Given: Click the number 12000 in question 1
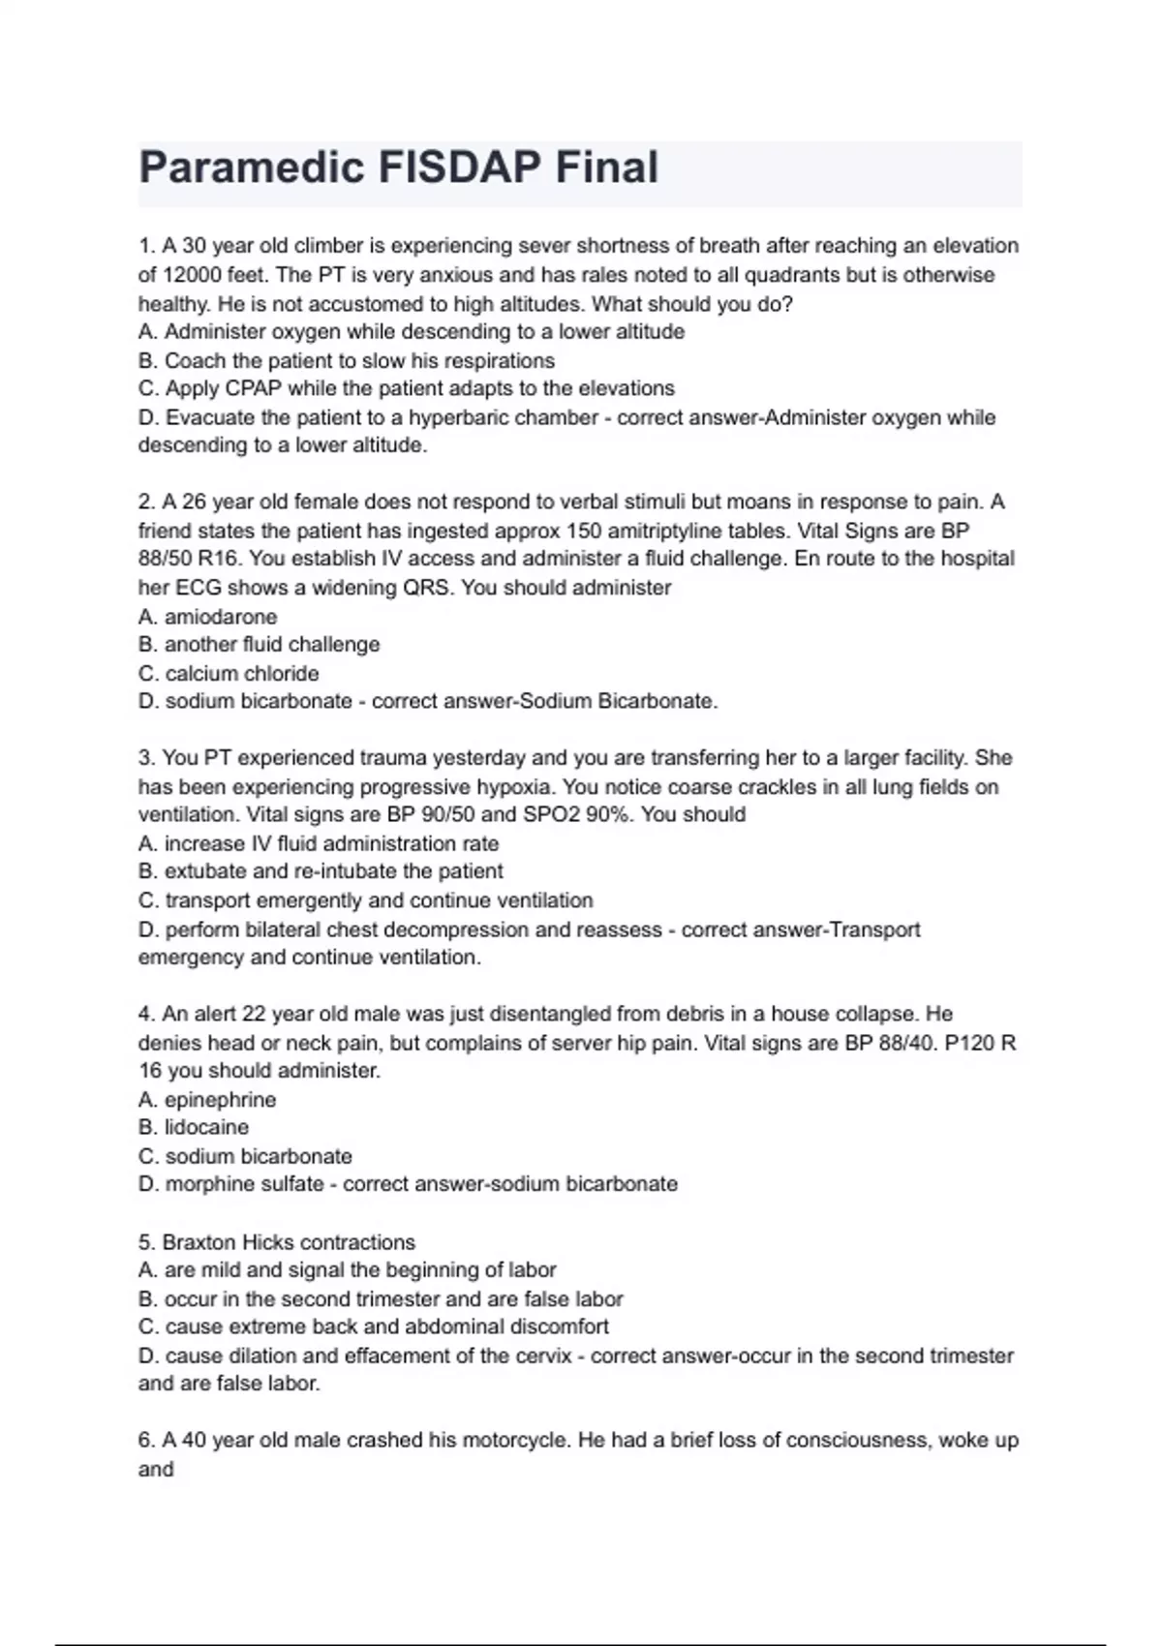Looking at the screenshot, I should click(x=197, y=275).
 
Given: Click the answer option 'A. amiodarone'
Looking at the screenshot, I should click(x=208, y=617).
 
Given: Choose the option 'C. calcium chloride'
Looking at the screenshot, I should click(x=229, y=673).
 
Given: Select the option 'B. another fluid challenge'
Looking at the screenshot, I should click(x=260, y=645).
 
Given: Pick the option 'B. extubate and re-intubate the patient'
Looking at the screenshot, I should click(x=321, y=871).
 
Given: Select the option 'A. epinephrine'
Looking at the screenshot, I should click(x=207, y=1100).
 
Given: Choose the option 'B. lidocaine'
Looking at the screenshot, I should click(x=194, y=1128).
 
